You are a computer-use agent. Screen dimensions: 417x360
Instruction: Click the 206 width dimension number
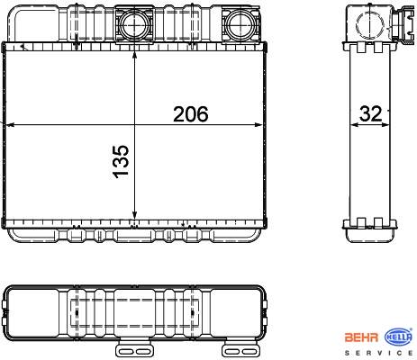[x=191, y=114]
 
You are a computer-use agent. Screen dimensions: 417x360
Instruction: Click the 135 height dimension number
[x=121, y=162]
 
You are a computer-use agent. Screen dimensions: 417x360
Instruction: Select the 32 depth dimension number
[x=371, y=113]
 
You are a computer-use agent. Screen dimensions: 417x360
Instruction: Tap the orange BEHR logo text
[x=361, y=337]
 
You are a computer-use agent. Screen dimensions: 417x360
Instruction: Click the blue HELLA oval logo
[x=399, y=337]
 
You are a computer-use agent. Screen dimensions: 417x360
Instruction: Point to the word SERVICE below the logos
[x=379, y=353]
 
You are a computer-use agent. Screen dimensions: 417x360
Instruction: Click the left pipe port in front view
[x=134, y=24]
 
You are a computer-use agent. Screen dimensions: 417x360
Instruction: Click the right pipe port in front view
[x=240, y=24]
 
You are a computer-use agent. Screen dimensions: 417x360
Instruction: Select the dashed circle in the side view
[x=370, y=24]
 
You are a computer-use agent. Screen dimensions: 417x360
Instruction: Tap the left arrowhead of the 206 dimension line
[x=10, y=124]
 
